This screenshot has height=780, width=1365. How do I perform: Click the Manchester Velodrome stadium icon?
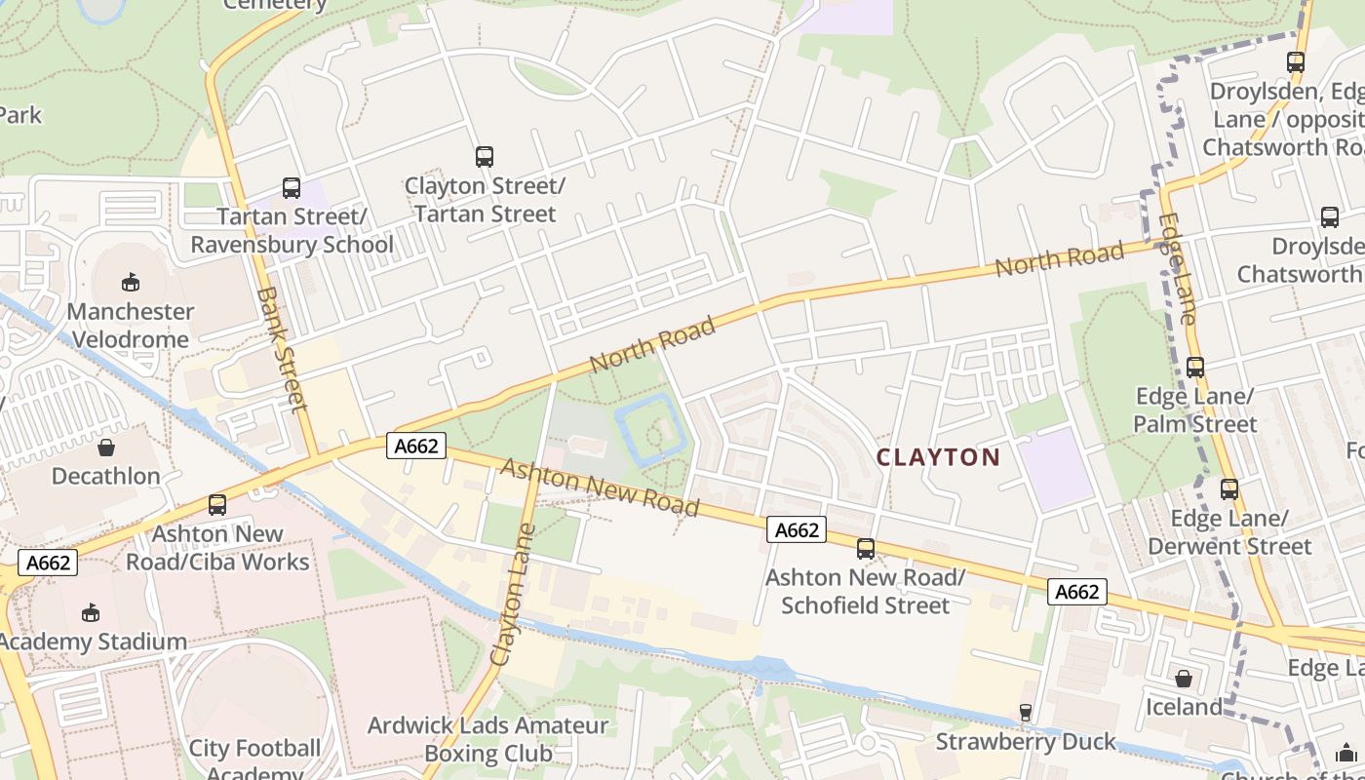coord(130,283)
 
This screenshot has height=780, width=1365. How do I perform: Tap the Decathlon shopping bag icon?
coord(105,448)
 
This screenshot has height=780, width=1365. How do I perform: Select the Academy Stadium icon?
coord(90,612)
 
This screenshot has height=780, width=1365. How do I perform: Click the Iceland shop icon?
coord(1183,678)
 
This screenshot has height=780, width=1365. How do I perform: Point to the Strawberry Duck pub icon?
coord(1025,713)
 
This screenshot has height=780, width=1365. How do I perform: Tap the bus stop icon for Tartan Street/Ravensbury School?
coord(291,187)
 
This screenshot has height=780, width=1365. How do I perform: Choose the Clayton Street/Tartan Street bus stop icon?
coord(484,156)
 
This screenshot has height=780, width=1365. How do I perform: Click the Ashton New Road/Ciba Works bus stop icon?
coord(216,505)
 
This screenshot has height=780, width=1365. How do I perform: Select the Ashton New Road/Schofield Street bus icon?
coord(865,549)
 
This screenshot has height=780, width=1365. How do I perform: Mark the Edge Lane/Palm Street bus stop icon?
coord(1194,368)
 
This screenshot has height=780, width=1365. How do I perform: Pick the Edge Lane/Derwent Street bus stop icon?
coord(1228,489)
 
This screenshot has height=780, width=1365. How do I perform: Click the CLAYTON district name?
coord(938,457)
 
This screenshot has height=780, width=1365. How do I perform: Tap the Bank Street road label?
coord(284,348)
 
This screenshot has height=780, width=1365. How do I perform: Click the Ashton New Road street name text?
coord(600,487)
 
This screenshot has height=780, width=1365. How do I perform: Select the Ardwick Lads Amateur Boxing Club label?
coord(487,739)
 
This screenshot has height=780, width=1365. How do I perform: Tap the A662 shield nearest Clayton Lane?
coord(416,447)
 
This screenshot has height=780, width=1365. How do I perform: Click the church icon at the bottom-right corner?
coord(1345,753)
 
